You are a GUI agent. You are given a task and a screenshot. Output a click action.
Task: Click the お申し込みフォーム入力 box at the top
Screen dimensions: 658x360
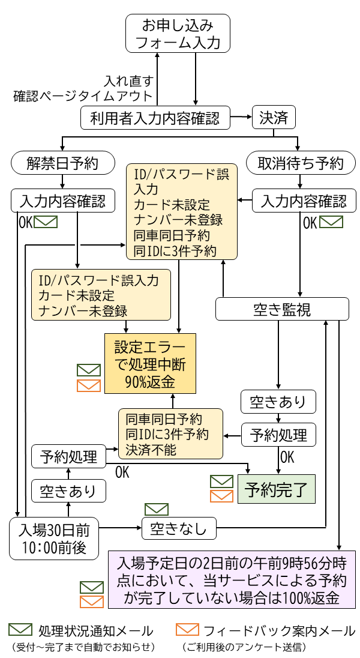(x=178, y=34)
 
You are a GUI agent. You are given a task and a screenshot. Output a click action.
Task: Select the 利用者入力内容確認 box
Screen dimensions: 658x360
(x=155, y=118)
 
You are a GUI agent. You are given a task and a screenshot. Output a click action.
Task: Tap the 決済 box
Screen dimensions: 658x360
(x=274, y=118)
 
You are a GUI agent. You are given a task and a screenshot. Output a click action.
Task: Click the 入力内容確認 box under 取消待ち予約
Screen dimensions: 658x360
(x=304, y=201)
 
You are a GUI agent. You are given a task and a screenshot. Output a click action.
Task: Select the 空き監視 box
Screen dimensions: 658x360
(x=282, y=310)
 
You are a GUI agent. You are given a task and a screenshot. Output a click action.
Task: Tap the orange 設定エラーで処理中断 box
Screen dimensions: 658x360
(x=150, y=364)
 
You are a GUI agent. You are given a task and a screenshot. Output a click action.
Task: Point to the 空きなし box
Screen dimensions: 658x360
(x=178, y=528)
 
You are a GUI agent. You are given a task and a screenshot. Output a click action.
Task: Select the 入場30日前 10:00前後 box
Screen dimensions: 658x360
(x=54, y=538)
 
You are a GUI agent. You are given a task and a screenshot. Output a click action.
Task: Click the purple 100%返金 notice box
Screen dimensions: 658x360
(x=232, y=581)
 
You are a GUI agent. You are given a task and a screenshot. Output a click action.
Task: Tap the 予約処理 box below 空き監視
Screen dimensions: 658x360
(x=278, y=435)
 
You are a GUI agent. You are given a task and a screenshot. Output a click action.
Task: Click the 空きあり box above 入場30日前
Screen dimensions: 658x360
(x=68, y=491)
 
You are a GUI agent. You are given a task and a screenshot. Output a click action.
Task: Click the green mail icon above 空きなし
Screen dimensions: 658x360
(x=157, y=509)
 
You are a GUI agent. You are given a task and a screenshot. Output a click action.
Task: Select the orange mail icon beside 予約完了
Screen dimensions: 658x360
(x=221, y=496)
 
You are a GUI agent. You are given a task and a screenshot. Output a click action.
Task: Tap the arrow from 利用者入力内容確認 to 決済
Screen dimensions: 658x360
(x=241, y=117)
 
